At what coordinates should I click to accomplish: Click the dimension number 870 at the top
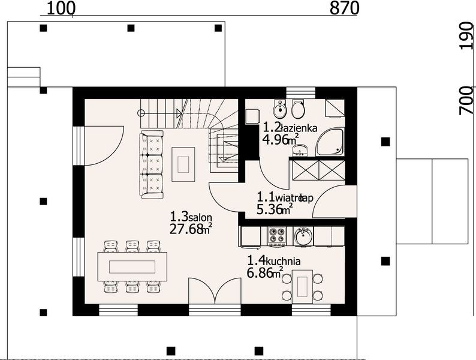point(344,8)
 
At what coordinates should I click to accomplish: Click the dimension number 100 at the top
point(60,8)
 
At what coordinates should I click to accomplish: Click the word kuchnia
point(282,262)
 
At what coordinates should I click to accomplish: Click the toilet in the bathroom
point(297,109)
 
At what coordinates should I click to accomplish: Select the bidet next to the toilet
point(279,109)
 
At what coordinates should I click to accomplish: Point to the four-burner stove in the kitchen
point(276,236)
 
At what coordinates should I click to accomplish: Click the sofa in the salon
point(152,164)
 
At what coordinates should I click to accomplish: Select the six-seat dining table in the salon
point(132,266)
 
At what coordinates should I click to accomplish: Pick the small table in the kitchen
point(302,286)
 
